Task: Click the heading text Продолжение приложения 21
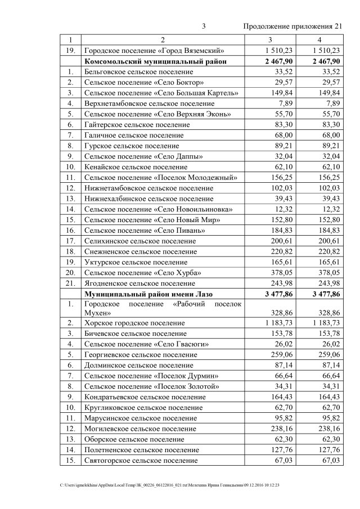tap(292, 26)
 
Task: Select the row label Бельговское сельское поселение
tap(139, 72)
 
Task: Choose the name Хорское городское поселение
tap(134, 323)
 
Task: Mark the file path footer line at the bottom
tap(169, 484)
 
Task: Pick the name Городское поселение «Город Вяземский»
tap(155, 51)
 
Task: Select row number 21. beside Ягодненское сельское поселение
tap(70, 283)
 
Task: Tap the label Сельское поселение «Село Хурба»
tap(143, 272)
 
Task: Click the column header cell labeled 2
tap(163, 40)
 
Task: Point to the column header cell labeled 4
tap(319, 40)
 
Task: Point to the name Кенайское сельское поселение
tap(136, 167)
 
